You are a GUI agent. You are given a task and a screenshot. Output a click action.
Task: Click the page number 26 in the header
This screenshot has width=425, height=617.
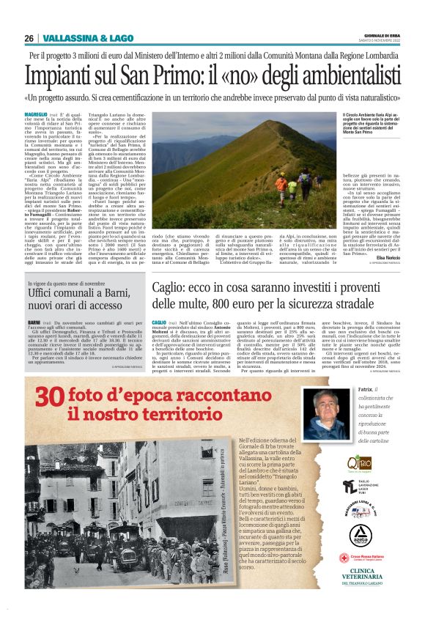[29, 38]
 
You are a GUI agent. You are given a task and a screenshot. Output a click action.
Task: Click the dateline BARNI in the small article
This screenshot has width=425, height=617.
[34, 322]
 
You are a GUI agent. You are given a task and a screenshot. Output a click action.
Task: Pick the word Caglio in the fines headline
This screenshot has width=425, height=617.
[172, 290]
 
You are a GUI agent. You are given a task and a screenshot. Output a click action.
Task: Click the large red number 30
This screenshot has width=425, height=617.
[51, 396]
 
